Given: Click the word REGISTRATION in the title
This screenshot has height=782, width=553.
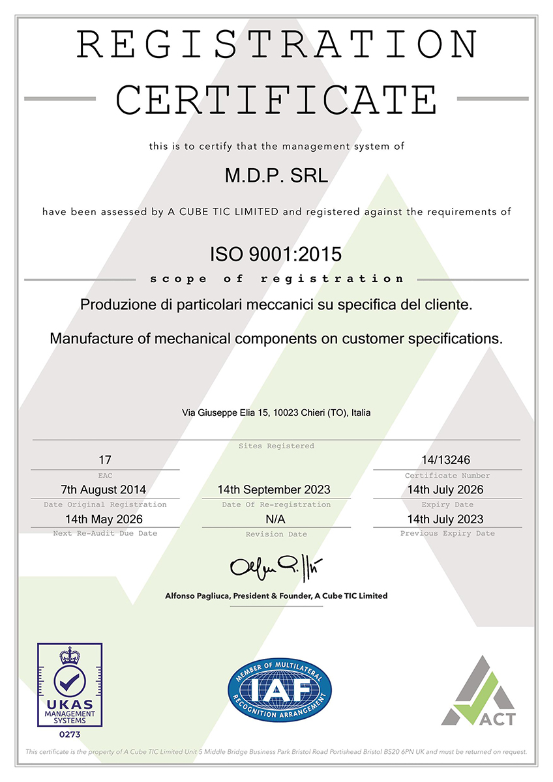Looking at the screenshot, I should tap(276, 44).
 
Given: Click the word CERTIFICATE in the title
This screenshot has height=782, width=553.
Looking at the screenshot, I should tap(276, 99).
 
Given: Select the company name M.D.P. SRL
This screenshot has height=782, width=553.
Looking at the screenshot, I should tap(276, 176).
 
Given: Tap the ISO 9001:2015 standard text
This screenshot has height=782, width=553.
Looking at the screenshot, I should tap(276, 254).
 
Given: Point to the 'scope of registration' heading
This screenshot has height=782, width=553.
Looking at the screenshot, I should tap(276, 279).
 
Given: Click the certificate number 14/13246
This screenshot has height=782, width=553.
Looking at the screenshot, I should tap(447, 460).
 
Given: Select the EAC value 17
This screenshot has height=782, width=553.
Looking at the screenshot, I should tap(104, 460).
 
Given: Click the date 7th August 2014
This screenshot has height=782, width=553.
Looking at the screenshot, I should tap(104, 489).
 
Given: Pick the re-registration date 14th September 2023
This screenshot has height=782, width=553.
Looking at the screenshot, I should tap(276, 489).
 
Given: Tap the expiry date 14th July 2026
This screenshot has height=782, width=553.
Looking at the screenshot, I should tap(447, 489).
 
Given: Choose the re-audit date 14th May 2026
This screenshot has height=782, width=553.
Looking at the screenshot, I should tap(104, 519).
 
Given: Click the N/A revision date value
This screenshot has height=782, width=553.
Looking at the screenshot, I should tap(276, 519).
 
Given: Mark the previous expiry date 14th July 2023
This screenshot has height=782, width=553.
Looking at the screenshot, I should tap(447, 519).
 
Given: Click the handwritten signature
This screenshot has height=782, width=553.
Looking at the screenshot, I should tap(276, 567).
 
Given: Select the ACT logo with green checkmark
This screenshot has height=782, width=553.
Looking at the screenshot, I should tap(478, 692).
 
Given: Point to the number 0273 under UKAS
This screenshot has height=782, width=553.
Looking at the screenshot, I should tap(69, 734).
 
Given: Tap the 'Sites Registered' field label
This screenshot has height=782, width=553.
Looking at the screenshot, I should tap(276, 446).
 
